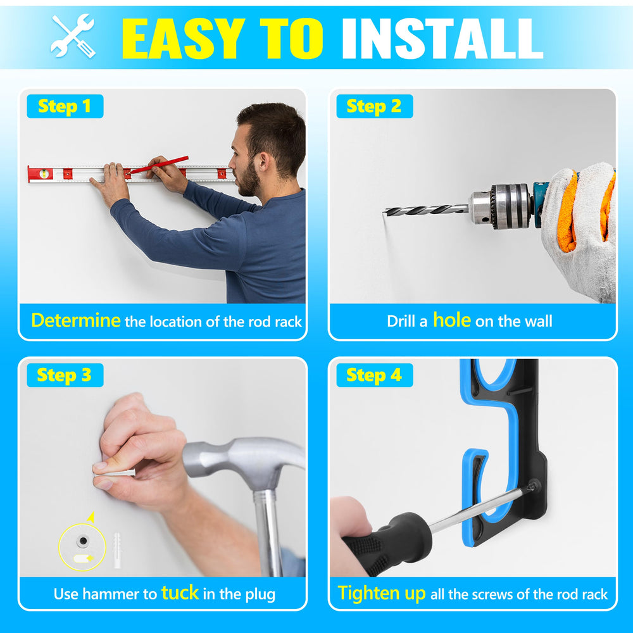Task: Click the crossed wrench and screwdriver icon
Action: pos(73,35)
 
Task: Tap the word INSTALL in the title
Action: pos(442,39)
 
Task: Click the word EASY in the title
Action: pos(184,39)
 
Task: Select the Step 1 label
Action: pos(65,106)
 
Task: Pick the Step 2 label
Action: pos(374,106)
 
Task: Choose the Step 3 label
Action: pos(65,375)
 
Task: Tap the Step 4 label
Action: pos(374,375)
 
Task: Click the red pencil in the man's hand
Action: pos(159,165)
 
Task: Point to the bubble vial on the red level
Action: pos(44,173)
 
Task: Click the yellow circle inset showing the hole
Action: pos(82,547)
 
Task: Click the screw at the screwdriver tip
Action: pos(534,486)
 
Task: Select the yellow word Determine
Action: pos(76,320)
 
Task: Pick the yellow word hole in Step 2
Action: pos(452,320)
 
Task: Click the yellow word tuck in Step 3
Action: pos(180,592)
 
